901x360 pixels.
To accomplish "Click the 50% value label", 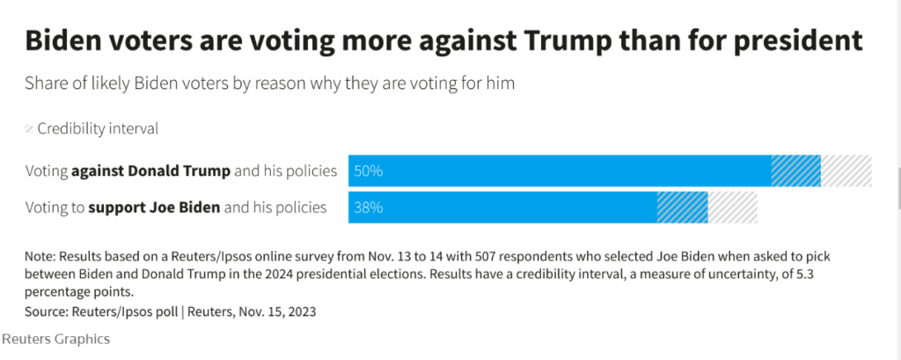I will pyautogui.click(x=368, y=171).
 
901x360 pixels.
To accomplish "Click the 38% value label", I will pyautogui.click(x=368, y=209).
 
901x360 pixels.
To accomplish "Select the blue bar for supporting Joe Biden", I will pyautogui.click(x=502, y=209).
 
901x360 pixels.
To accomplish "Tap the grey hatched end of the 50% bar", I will pyautogui.click(x=846, y=171).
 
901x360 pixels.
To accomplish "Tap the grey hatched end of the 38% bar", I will pyautogui.click(x=733, y=209).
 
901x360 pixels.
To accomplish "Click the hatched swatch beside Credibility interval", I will pyautogui.click(x=29, y=129).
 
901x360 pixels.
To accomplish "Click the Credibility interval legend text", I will pyautogui.click(x=98, y=129).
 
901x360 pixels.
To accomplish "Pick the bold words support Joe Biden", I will pyautogui.click(x=155, y=209).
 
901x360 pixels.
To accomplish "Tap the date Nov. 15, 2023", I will pyautogui.click(x=287, y=312).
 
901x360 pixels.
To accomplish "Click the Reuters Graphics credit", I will pyautogui.click(x=55, y=338).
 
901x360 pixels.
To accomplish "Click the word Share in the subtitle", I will pyautogui.click(x=46, y=84).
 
